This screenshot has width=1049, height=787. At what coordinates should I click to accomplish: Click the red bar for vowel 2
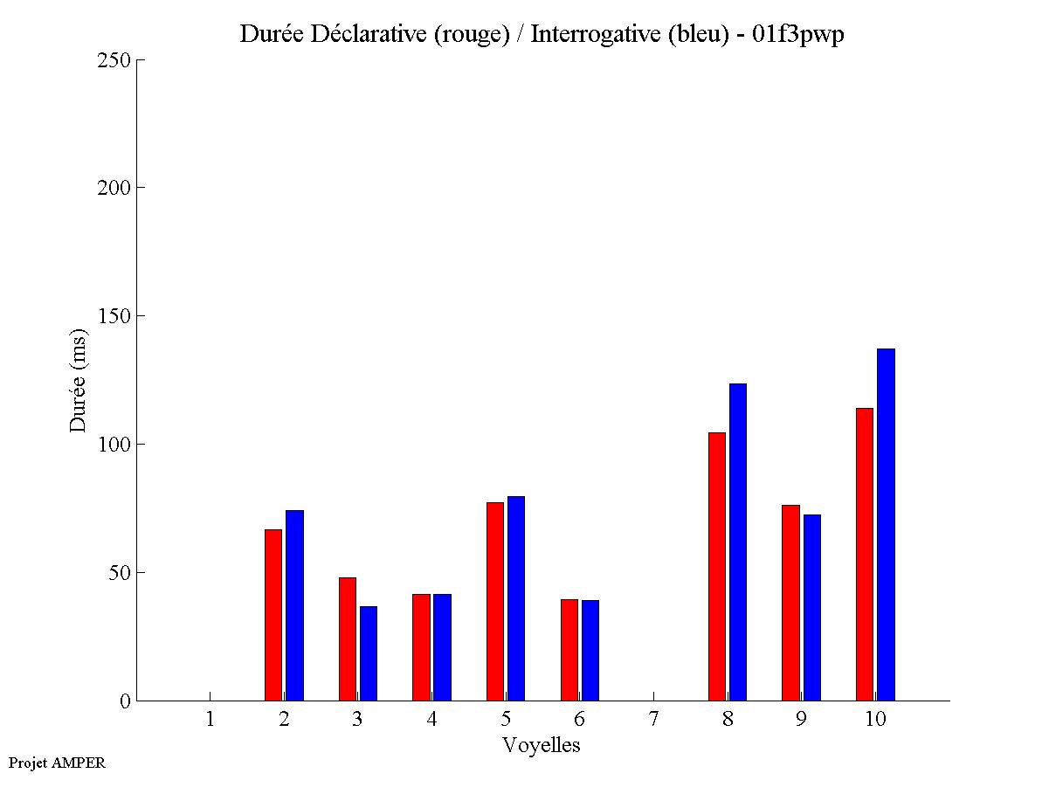pyautogui.click(x=273, y=615)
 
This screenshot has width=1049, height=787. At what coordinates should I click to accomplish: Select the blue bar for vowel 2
pyautogui.click(x=294, y=605)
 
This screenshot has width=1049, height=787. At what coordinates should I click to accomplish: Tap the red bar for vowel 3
pyautogui.click(x=348, y=639)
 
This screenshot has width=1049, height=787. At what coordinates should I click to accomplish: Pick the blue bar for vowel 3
pyautogui.click(x=369, y=653)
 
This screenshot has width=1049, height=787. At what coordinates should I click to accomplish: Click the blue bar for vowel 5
pyautogui.click(x=516, y=598)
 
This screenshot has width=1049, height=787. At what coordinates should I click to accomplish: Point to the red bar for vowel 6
pyautogui.click(x=569, y=650)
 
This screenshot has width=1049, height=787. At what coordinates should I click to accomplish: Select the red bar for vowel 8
pyautogui.click(x=717, y=566)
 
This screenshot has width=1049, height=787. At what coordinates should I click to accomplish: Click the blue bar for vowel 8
pyautogui.click(x=738, y=542)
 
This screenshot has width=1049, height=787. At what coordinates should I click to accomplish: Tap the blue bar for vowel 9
pyautogui.click(x=812, y=607)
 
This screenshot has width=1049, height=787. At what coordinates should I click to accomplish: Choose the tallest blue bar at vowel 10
pyautogui.click(x=886, y=524)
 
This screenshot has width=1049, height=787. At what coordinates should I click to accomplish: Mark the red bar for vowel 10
pyautogui.click(x=865, y=554)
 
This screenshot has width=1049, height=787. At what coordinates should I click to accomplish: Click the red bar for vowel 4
pyautogui.click(x=421, y=647)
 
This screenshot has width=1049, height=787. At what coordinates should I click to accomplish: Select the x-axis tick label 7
pyautogui.click(x=653, y=719)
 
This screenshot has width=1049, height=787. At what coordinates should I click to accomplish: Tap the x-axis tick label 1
pyautogui.click(x=210, y=719)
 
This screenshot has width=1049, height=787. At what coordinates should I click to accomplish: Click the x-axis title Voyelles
pyautogui.click(x=542, y=745)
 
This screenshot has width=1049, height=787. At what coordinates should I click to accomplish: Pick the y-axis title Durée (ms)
pyautogui.click(x=79, y=380)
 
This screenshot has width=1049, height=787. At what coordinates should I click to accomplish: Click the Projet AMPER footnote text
pyautogui.click(x=57, y=763)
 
